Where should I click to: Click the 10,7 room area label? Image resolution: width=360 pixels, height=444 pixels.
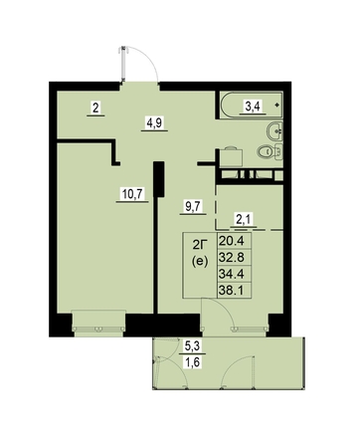pyautogui.click(x=132, y=194)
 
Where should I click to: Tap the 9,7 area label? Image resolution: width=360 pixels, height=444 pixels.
pyautogui.click(x=193, y=207)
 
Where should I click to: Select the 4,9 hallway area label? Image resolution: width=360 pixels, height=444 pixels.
pyautogui.click(x=154, y=123)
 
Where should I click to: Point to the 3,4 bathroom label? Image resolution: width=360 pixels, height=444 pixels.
pyautogui.click(x=254, y=107)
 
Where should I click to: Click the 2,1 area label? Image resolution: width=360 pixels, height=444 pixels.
pyautogui.click(x=244, y=219)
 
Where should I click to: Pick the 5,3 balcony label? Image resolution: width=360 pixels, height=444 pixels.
pyautogui.click(x=192, y=346)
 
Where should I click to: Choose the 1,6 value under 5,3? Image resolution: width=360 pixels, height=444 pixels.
pyautogui.click(x=192, y=362)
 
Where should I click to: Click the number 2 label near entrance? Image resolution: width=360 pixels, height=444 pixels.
pyautogui.click(x=95, y=108)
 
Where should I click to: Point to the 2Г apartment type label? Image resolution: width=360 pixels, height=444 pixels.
pyautogui.click(x=200, y=246)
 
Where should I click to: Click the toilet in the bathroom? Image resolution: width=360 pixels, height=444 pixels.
pyautogui.click(x=270, y=152)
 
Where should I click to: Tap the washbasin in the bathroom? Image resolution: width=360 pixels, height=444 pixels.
pyautogui.click(x=275, y=131)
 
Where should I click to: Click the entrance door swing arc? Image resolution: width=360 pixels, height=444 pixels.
pyautogui.click(x=151, y=60)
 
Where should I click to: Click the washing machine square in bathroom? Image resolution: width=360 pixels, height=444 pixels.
pyautogui.click(x=231, y=158)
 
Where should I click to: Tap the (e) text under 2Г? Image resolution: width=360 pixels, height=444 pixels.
pyautogui.click(x=200, y=262)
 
